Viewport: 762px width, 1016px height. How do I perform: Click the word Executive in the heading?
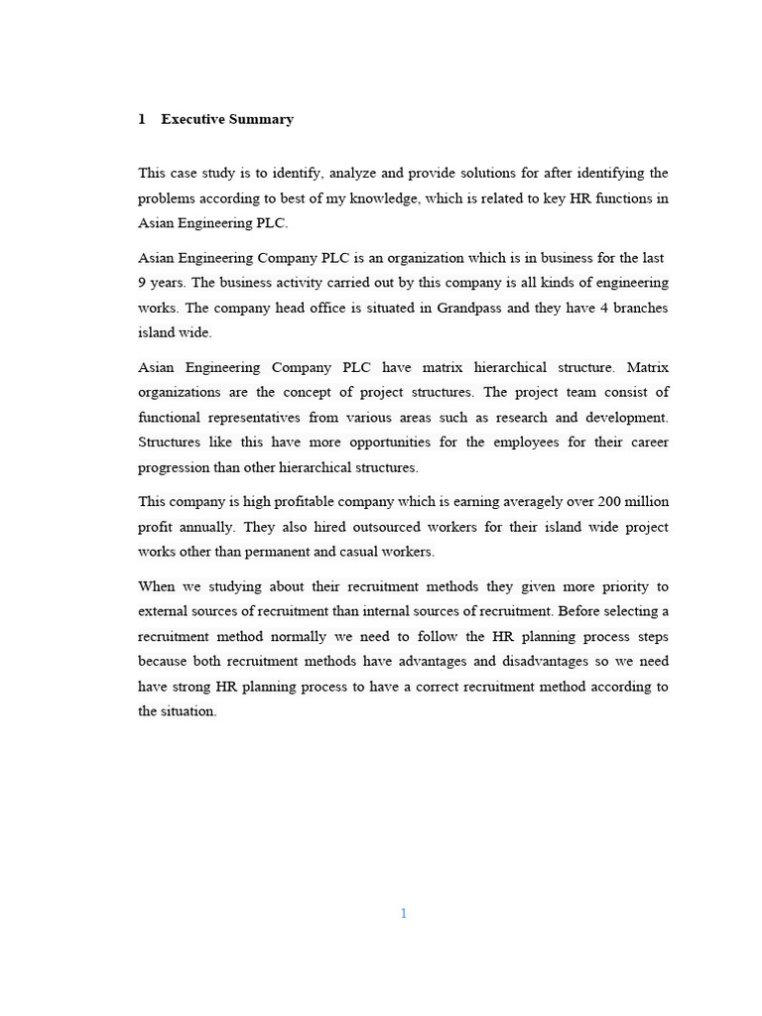192,119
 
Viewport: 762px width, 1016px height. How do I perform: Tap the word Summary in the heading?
261,119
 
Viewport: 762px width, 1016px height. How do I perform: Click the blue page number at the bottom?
404,913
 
